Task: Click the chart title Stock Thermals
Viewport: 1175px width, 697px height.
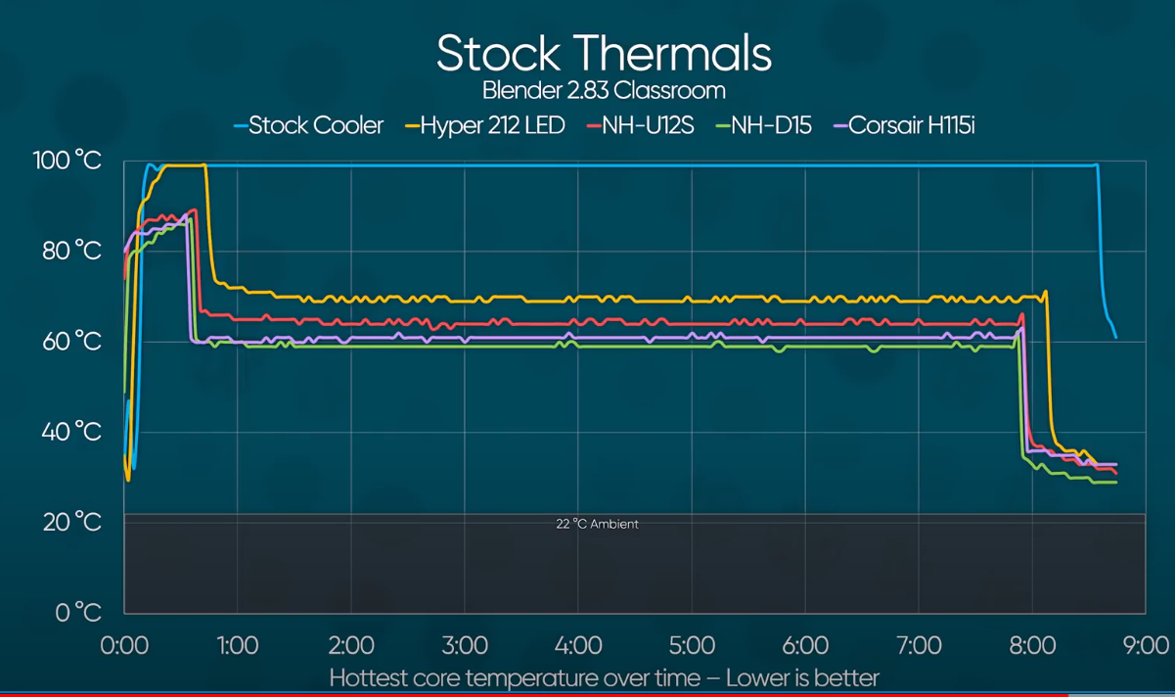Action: click(x=604, y=53)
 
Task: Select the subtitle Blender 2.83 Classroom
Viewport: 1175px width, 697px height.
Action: click(x=604, y=91)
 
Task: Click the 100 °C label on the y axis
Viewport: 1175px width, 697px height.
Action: click(x=64, y=161)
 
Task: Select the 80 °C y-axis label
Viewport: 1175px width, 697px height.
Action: click(x=71, y=251)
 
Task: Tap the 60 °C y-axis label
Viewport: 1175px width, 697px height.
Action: click(x=71, y=342)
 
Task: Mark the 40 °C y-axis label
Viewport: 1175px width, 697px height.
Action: click(x=71, y=432)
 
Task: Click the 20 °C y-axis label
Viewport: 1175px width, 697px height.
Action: click(x=71, y=522)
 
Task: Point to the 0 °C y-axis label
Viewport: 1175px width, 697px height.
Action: click(x=78, y=613)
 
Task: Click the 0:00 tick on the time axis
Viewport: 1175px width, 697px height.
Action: click(x=124, y=645)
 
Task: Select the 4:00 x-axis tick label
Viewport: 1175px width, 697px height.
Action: click(x=578, y=645)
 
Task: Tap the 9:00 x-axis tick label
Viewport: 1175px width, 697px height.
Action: click(x=1145, y=645)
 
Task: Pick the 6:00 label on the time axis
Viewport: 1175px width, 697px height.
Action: click(x=805, y=645)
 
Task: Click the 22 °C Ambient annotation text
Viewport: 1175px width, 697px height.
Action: click(x=597, y=525)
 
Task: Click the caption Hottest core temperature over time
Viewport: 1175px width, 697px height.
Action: click(x=604, y=677)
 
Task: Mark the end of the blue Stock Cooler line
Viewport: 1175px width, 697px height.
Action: click(x=1115, y=338)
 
